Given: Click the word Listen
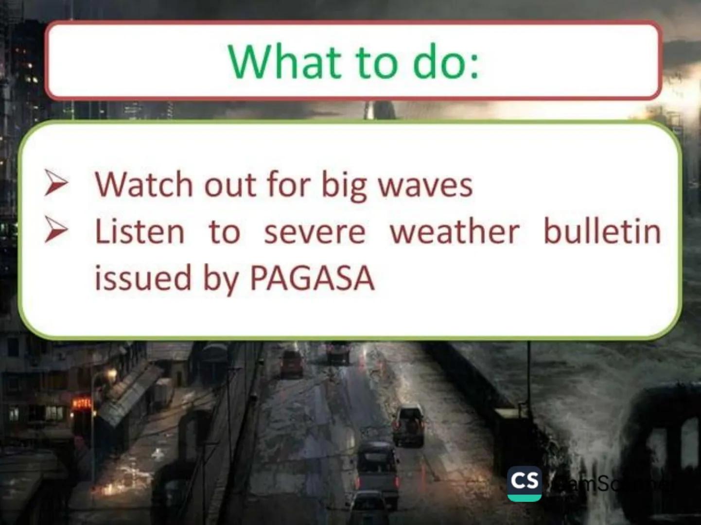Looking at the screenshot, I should pyautogui.click(x=140, y=231).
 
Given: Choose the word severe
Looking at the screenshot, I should pyautogui.click(x=315, y=232).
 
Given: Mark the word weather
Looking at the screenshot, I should pyautogui.click(x=455, y=231).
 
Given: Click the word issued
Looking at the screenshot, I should pyautogui.click(x=143, y=278).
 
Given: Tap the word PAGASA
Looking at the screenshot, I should pyautogui.click(x=312, y=278).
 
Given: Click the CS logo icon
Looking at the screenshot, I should pyautogui.click(x=524, y=483).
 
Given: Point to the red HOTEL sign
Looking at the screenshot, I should pyautogui.click(x=82, y=403).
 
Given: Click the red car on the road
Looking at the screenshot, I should pyautogui.click(x=292, y=363).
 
